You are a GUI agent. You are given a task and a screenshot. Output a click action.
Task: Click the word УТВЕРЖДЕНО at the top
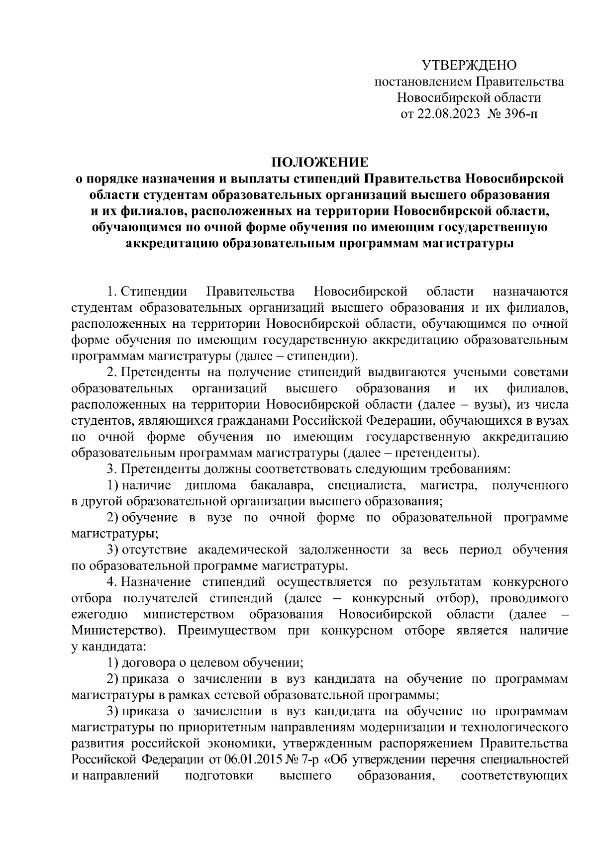(470, 65)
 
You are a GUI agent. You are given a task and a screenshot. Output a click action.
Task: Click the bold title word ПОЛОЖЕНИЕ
(320, 162)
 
